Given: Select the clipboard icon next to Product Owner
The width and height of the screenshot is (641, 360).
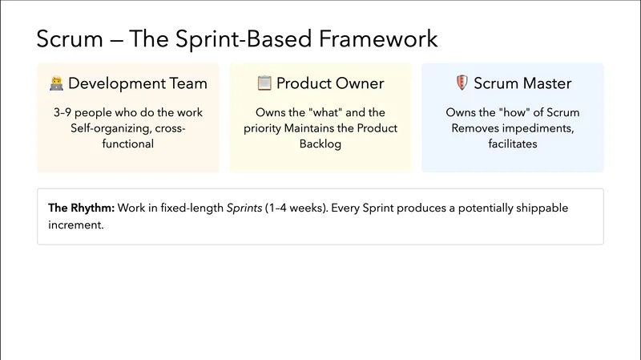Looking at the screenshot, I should point(264,83).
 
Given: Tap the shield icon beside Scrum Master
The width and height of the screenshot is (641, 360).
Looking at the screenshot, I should point(461,83).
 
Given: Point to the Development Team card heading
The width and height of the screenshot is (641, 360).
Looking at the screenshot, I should point(137,83).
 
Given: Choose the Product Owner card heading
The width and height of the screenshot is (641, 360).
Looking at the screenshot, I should point(330,83).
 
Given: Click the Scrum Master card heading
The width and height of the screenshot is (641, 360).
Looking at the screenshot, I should point(522,83).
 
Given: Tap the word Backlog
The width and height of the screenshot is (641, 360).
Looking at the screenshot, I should point(320,144).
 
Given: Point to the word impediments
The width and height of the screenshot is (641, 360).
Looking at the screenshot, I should point(543,128).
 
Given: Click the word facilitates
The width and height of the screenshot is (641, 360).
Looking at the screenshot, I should point(513,144).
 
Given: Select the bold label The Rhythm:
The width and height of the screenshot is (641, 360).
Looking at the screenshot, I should point(81,208).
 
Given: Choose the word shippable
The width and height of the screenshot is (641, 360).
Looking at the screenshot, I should point(540,208).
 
